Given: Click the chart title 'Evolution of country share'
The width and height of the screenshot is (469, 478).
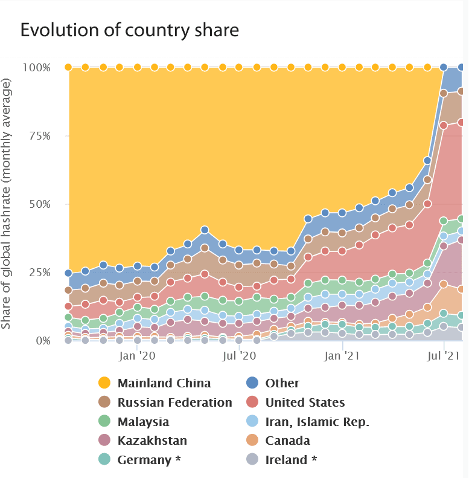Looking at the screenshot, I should click(130, 30).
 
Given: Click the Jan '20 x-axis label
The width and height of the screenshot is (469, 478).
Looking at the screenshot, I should click(138, 357).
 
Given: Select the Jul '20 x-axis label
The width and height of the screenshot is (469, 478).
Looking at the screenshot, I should click(240, 357).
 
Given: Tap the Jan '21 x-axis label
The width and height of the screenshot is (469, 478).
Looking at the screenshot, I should click(342, 357).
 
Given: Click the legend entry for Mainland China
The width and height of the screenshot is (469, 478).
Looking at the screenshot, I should click(164, 383).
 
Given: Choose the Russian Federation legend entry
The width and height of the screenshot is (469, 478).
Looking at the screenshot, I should click(174, 402).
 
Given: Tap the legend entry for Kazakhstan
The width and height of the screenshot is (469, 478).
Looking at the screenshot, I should click(152, 441).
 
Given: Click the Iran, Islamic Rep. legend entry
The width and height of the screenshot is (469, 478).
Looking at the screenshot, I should click(317, 422).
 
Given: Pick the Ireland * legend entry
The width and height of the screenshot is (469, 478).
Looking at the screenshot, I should click(291, 460).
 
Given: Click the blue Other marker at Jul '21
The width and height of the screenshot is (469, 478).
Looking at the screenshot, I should click(444, 67).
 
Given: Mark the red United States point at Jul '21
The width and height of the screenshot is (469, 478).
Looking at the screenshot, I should click(444, 125).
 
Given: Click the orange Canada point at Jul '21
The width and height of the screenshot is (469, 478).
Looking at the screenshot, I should click(444, 284).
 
